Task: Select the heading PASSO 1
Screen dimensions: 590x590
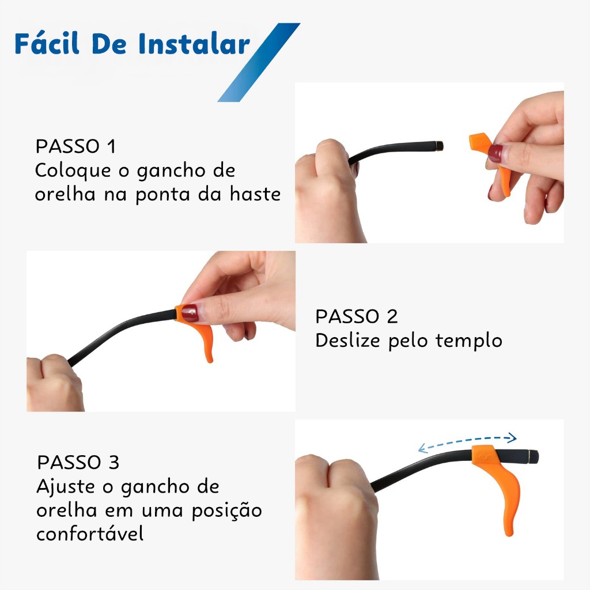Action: [75, 146]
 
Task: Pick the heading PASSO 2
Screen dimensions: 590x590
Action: [356, 316]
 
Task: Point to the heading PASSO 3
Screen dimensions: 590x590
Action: [78, 463]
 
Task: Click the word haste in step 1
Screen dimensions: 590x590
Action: [255, 194]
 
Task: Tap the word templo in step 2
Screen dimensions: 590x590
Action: [468, 341]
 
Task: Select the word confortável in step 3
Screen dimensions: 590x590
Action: [89, 534]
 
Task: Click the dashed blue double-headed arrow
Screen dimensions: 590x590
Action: [467, 441]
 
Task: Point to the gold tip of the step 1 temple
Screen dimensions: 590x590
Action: [441, 145]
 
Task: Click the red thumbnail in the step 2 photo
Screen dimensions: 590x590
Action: [190, 313]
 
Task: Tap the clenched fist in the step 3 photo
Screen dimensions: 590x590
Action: [334, 507]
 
